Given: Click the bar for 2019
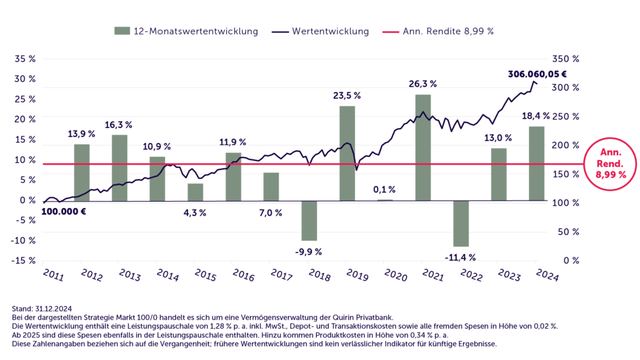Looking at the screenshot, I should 347,153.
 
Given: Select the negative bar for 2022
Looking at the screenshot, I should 461,224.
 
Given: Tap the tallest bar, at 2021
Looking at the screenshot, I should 423,147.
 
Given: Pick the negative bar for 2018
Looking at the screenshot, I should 309,221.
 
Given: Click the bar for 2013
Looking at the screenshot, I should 119,167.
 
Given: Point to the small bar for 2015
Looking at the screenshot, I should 196,192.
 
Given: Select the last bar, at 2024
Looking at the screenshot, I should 537,162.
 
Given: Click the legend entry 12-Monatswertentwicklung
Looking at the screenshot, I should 186,31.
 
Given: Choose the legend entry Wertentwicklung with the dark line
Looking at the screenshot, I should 320,31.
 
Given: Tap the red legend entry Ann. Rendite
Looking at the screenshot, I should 437,31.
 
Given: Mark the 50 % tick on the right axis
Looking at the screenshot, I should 568,232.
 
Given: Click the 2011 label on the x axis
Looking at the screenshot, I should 53,274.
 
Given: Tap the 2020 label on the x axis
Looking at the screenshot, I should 395,274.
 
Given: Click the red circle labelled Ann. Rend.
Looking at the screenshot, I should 609,164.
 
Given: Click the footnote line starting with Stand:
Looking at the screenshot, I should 41,308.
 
